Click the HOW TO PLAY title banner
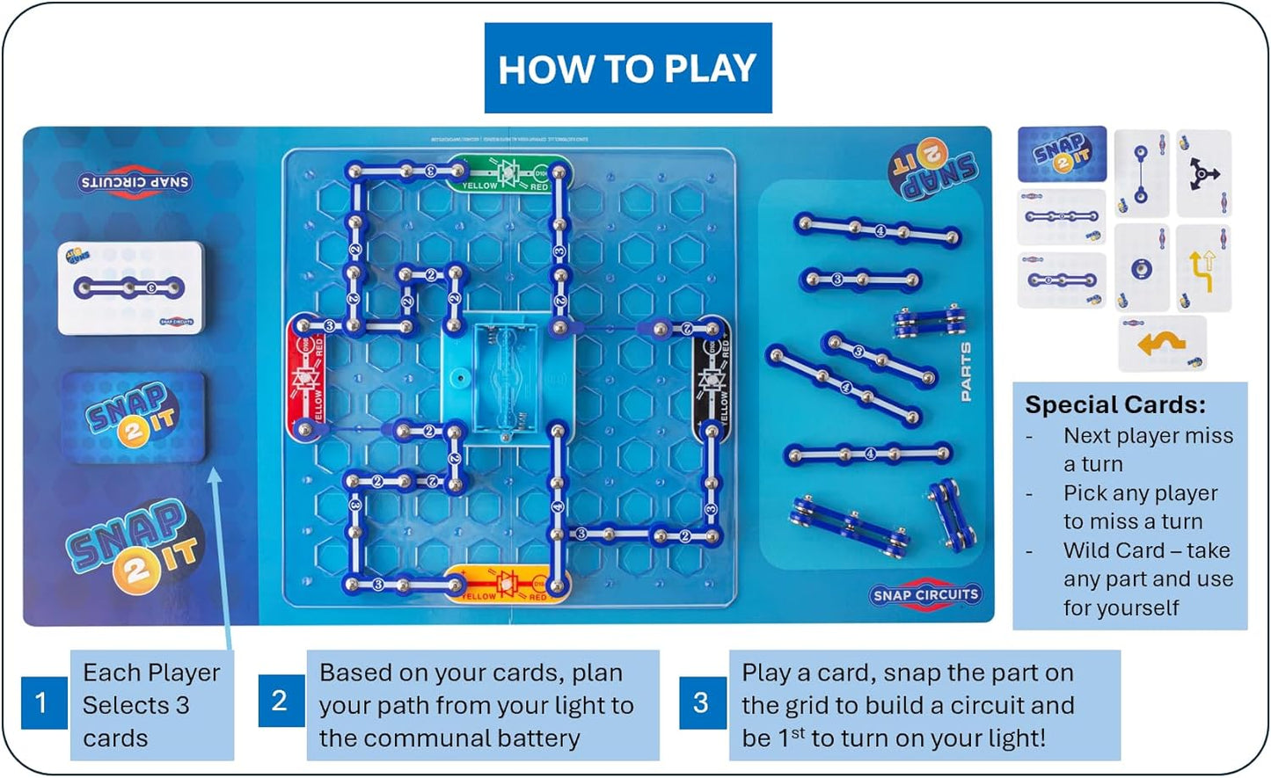point(627,69)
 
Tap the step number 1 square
point(42,702)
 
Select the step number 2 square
point(280,701)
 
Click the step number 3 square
point(701,702)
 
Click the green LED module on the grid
point(508,173)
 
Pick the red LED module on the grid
point(306,379)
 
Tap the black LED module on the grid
point(712,379)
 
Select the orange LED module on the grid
point(508,585)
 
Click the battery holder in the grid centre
point(508,379)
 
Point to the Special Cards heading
point(1114,404)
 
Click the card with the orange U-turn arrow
point(1162,344)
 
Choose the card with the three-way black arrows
point(1202,173)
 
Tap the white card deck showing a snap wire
point(130,287)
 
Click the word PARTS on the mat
point(966,372)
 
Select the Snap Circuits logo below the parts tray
point(924,595)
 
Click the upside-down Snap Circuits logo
point(134,182)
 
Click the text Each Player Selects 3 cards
point(150,705)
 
